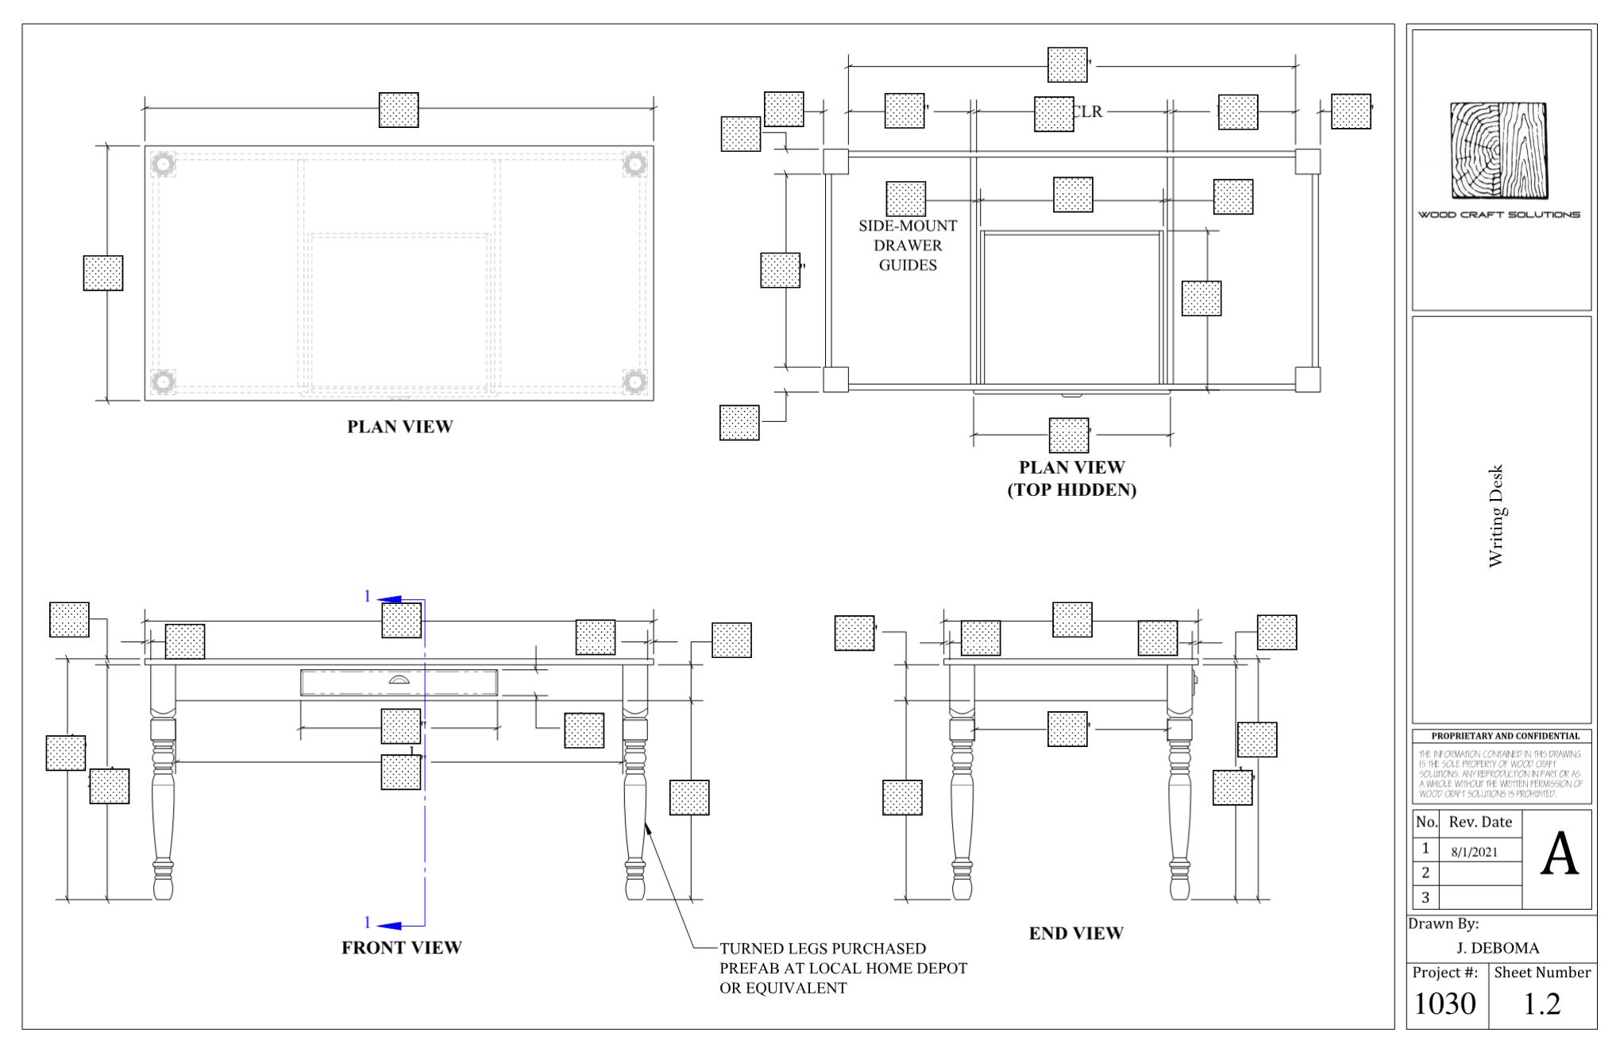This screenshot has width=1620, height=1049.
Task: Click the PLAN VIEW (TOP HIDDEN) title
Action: [x=1071, y=478]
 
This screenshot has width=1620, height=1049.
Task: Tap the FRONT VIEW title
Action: [x=401, y=947]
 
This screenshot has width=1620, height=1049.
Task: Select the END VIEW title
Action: [x=1076, y=933]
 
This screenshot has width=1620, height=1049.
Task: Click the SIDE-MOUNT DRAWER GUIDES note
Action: [x=908, y=246]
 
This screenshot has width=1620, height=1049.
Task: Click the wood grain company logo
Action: [x=1498, y=150]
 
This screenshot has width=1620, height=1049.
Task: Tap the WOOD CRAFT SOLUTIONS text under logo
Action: [x=1498, y=215]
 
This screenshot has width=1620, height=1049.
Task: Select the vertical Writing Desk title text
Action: [x=1496, y=516]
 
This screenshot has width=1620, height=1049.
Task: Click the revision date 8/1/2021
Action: [x=1474, y=852]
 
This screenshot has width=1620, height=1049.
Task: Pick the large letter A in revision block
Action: [x=1559, y=857]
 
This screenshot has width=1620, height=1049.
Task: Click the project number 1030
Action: [x=1444, y=1004]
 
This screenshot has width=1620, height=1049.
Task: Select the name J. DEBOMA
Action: [x=1498, y=948]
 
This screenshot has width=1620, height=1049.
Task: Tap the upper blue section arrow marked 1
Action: [x=390, y=598]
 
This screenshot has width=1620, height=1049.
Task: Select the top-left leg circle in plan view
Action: [x=163, y=164]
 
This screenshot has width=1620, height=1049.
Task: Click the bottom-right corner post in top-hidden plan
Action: [x=1307, y=379]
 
